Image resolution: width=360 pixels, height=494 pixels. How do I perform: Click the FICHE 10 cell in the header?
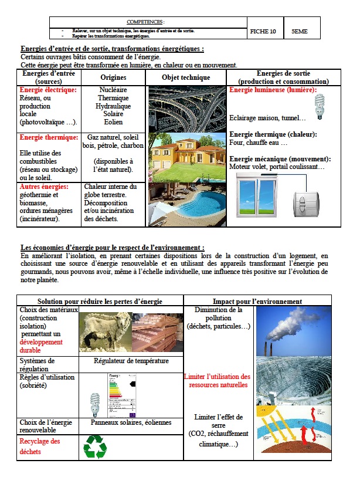[263, 32]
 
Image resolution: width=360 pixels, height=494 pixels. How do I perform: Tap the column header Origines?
[113, 77]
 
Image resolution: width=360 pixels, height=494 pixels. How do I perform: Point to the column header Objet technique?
[186, 77]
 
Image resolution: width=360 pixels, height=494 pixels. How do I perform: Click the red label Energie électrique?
[48, 90]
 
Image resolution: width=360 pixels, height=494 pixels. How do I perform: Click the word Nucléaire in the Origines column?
[113, 90]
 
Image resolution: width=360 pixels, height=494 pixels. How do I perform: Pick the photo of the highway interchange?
[186, 109]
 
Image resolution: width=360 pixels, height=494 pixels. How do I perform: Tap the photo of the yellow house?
[186, 157]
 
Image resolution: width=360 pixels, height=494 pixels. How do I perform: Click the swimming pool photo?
[186, 204]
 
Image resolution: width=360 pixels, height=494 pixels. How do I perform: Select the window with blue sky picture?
[259, 199]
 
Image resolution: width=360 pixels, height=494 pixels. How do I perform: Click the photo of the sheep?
[104, 330]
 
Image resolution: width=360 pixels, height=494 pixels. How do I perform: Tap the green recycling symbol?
[95, 446]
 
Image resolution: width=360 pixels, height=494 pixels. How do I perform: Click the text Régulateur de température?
[130, 361]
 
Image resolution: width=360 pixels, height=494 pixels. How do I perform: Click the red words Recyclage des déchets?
[40, 446]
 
